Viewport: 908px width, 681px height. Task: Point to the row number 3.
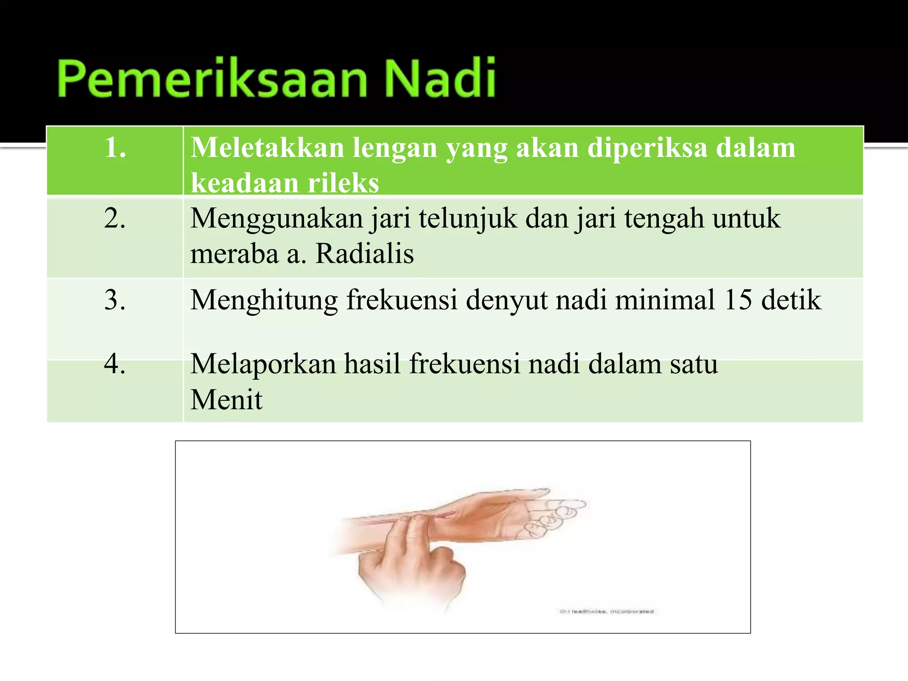point(115,300)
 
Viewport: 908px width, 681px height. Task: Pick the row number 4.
point(115,364)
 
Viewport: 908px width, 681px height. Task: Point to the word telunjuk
point(468,219)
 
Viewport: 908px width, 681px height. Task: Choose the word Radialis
point(364,254)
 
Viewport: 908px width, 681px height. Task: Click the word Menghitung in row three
point(264,300)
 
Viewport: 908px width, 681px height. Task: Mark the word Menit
point(226,399)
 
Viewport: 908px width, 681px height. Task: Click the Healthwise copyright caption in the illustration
point(606,611)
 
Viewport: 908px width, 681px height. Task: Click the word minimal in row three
point(665,300)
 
